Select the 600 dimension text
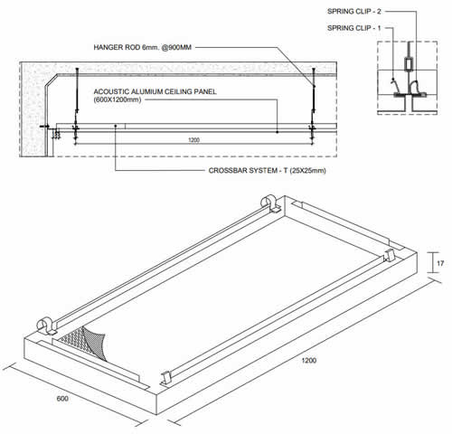62,397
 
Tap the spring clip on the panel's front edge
166,377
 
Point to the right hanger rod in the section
311,99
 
